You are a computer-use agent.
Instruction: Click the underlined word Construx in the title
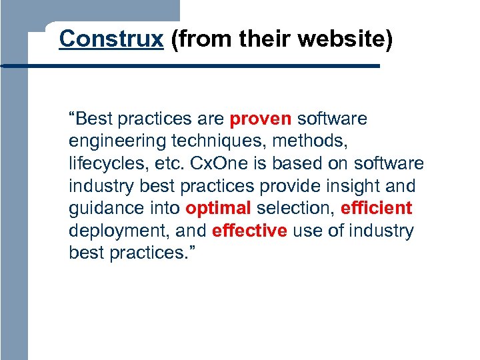(x=111, y=39)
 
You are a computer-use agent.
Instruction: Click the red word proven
(x=261, y=119)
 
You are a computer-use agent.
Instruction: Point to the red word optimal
(x=218, y=209)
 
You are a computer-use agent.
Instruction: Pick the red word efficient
(x=376, y=209)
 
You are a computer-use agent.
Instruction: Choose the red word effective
(x=249, y=231)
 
